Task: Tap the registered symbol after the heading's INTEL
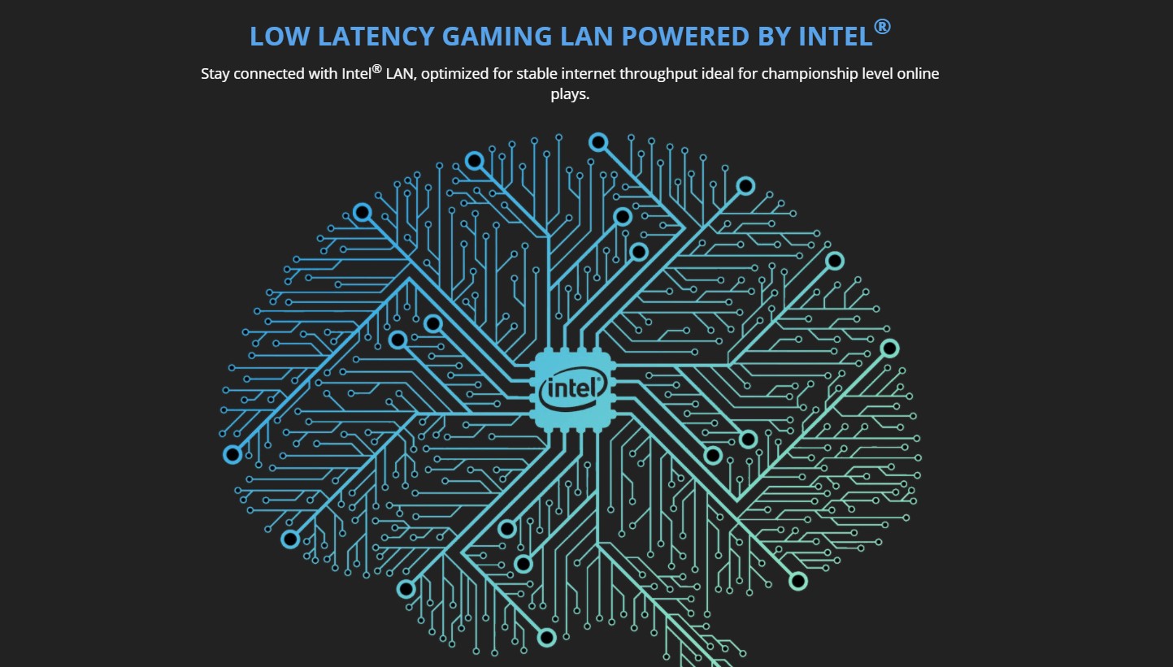pyautogui.click(x=883, y=27)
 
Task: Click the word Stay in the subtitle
pyautogui.click(x=216, y=74)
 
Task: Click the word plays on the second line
pyautogui.click(x=570, y=94)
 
